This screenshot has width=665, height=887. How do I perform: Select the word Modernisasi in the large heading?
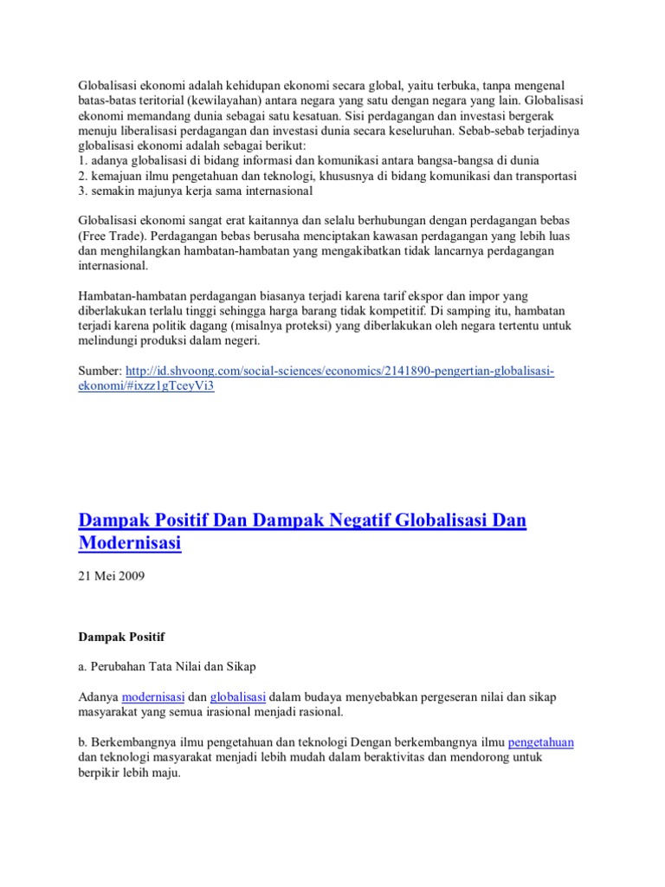131,545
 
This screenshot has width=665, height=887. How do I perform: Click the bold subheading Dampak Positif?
114,638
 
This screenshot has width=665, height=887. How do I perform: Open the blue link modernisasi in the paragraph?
153,696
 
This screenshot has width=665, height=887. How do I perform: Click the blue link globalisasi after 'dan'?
237,696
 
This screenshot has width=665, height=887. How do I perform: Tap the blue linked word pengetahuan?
541,742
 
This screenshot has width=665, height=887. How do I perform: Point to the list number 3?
82,191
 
